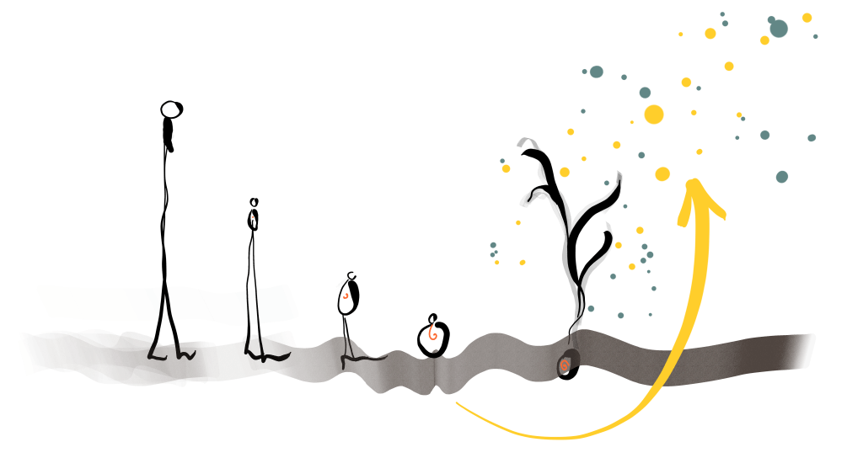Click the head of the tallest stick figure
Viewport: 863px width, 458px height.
pos(171,109)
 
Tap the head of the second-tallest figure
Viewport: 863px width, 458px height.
pos(254,202)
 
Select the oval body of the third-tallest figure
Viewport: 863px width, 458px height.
pos(348,296)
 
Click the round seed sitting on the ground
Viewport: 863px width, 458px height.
pos(433,337)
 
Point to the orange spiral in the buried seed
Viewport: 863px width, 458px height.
pos(565,365)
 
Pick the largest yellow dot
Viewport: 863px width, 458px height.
pos(654,114)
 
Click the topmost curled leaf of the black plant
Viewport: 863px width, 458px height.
pos(528,143)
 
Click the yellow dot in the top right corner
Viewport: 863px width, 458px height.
pos(807,18)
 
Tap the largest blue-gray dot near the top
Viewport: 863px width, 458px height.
pos(778,29)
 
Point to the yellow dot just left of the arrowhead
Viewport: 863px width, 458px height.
pos(662,174)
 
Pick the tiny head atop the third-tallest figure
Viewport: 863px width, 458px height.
pos(351,275)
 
